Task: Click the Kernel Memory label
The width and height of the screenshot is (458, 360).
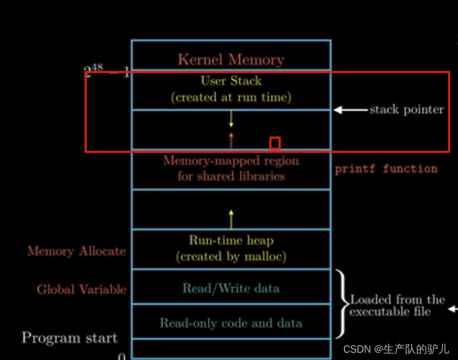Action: [x=230, y=60]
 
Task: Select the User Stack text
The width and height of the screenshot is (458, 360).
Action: [x=231, y=81]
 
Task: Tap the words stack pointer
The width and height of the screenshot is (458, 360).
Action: [x=406, y=110]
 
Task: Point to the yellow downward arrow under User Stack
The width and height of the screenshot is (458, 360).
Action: [x=231, y=119]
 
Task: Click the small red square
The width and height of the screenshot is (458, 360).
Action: [x=274, y=143]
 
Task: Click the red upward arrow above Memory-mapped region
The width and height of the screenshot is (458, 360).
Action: [x=231, y=141]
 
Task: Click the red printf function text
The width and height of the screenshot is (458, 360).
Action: [x=386, y=169]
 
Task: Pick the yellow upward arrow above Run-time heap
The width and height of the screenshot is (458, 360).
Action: [x=231, y=219]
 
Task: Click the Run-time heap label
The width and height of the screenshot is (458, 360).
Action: [x=231, y=240]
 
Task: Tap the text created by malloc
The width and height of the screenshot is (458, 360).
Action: [x=231, y=256]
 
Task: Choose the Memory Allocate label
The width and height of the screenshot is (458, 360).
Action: [x=77, y=251]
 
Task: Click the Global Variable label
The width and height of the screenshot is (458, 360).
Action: [x=82, y=289]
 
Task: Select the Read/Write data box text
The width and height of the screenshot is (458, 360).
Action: [x=231, y=288]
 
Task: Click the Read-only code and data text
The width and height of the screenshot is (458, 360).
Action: [x=231, y=323]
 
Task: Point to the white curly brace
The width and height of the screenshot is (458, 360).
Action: [x=342, y=303]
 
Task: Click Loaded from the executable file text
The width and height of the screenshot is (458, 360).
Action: [x=397, y=305]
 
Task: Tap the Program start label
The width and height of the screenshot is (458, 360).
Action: [x=69, y=338]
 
